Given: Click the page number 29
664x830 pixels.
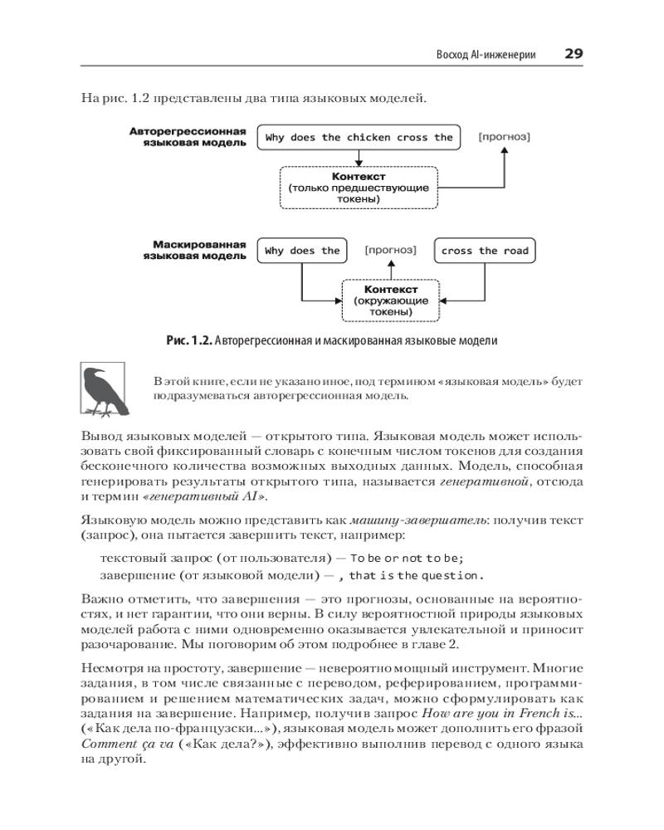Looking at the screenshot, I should tap(574, 54).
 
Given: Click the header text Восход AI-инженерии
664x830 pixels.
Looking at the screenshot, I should tap(486, 55).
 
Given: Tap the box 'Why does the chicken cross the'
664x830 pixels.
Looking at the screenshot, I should tap(359, 138).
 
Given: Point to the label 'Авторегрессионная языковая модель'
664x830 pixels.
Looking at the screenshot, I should tap(188, 137).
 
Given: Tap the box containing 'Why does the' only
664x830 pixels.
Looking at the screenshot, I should tap(302, 251).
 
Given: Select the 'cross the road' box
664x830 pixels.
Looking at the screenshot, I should tap(485, 251).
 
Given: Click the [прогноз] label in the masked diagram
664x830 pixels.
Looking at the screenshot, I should tap(390, 250).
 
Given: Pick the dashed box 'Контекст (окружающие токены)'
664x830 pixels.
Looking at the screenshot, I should tap(390, 300).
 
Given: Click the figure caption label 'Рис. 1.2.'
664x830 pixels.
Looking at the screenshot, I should tap(191, 340).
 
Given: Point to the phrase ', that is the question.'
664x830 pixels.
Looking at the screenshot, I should tap(416, 575).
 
